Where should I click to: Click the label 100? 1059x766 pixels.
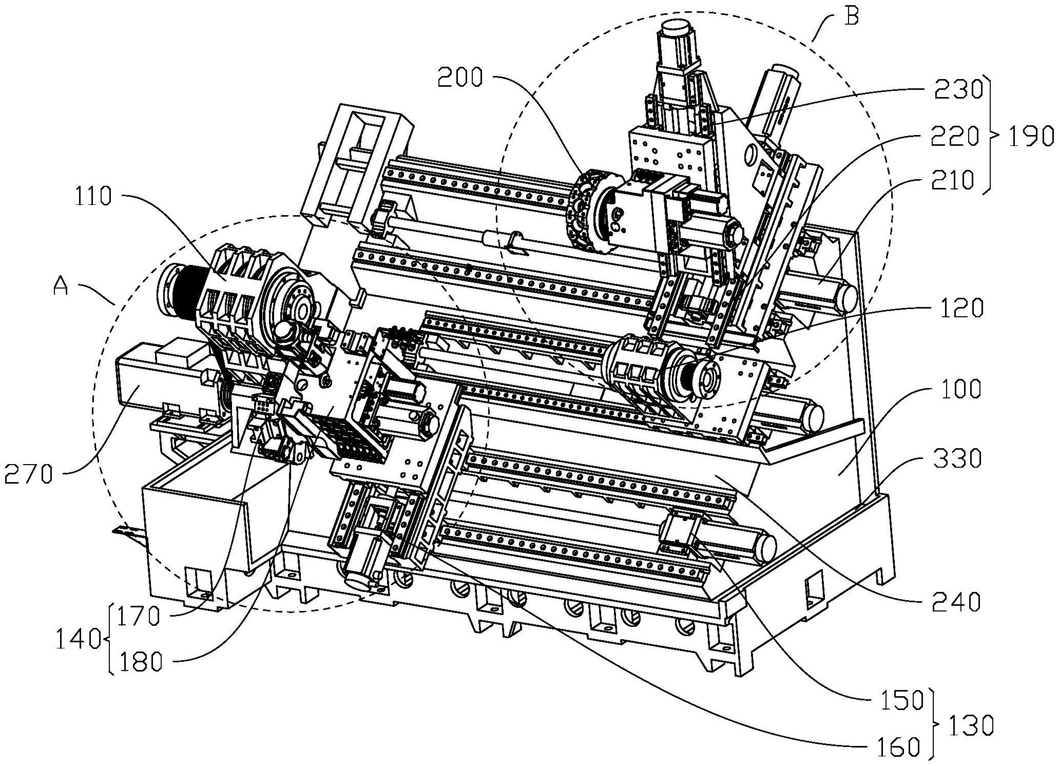click(956, 390)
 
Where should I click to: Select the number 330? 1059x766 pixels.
click(956, 458)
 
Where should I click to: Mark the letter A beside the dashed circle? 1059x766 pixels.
click(61, 286)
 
